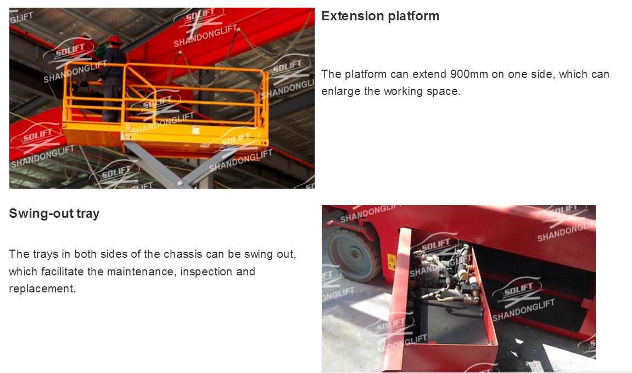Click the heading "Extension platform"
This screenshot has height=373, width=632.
[380, 16]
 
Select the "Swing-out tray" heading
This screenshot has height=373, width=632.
[54, 213]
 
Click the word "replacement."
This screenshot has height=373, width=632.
[42, 289]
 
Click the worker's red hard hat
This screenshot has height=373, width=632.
[114, 39]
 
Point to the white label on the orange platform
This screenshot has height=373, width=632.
[196, 131]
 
